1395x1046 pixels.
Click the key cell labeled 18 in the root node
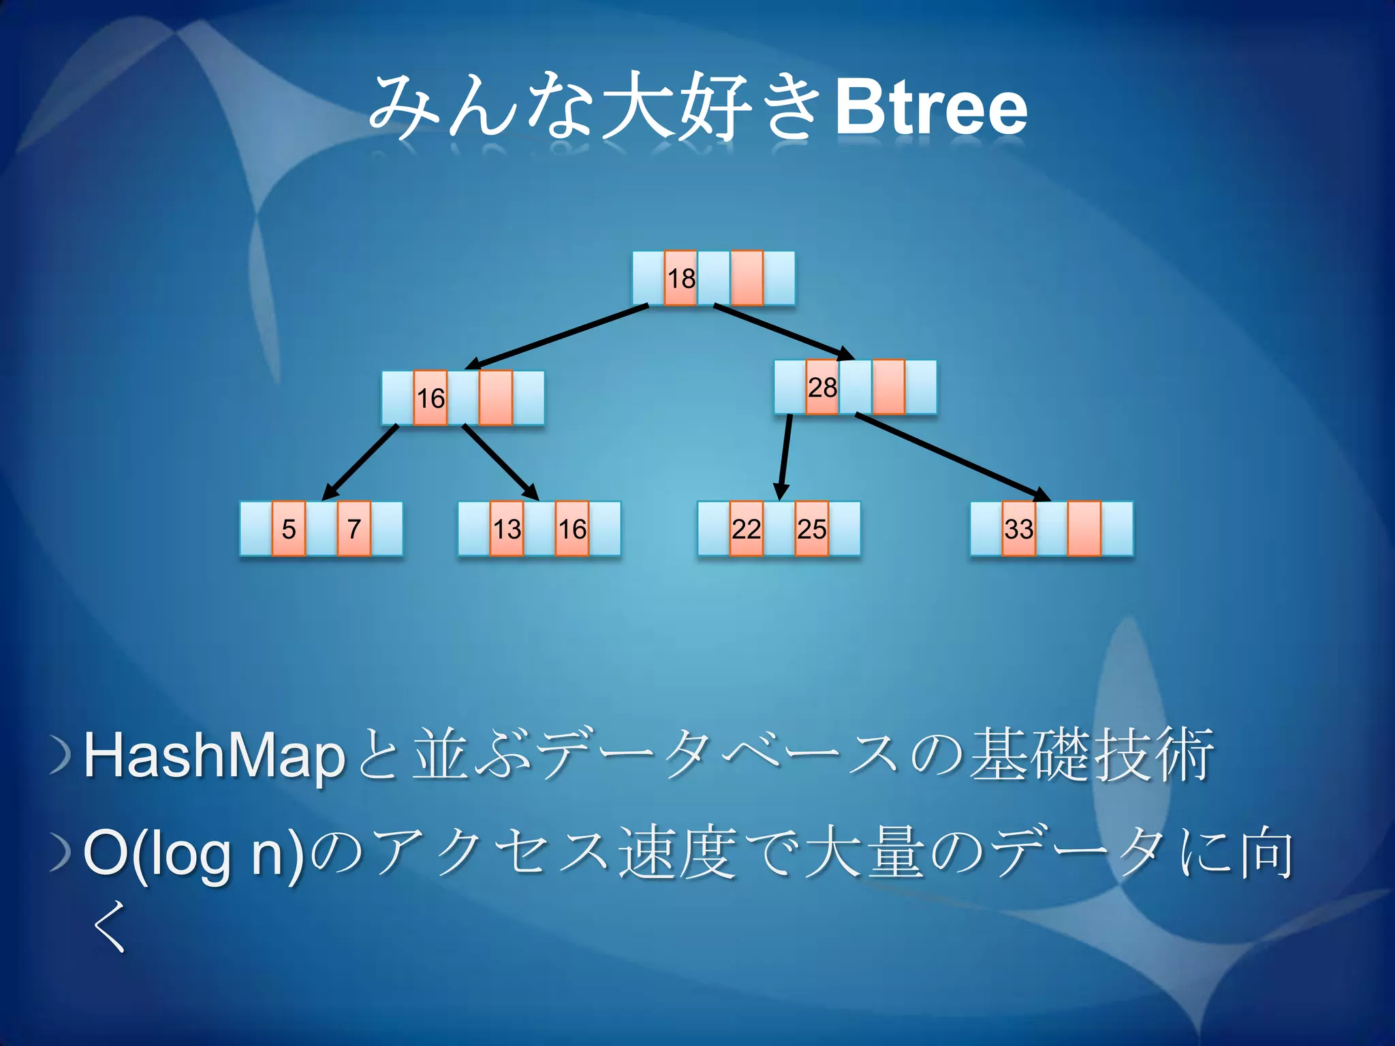coord(681,279)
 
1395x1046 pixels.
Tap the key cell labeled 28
coord(822,387)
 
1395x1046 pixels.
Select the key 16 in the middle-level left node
coord(430,398)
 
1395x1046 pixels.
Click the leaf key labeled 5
coord(289,529)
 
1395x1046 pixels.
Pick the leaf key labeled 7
coord(354,529)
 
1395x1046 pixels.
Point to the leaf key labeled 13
coord(507,529)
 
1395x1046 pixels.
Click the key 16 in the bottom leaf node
coord(572,529)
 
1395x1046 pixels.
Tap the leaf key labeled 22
coord(746,529)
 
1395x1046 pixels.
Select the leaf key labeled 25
coord(811,529)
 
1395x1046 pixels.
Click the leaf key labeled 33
coord(1018,529)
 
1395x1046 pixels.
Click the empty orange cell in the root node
coord(747,279)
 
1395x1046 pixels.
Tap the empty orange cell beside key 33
coord(1084,529)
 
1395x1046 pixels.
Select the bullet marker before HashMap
coord(61,757)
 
